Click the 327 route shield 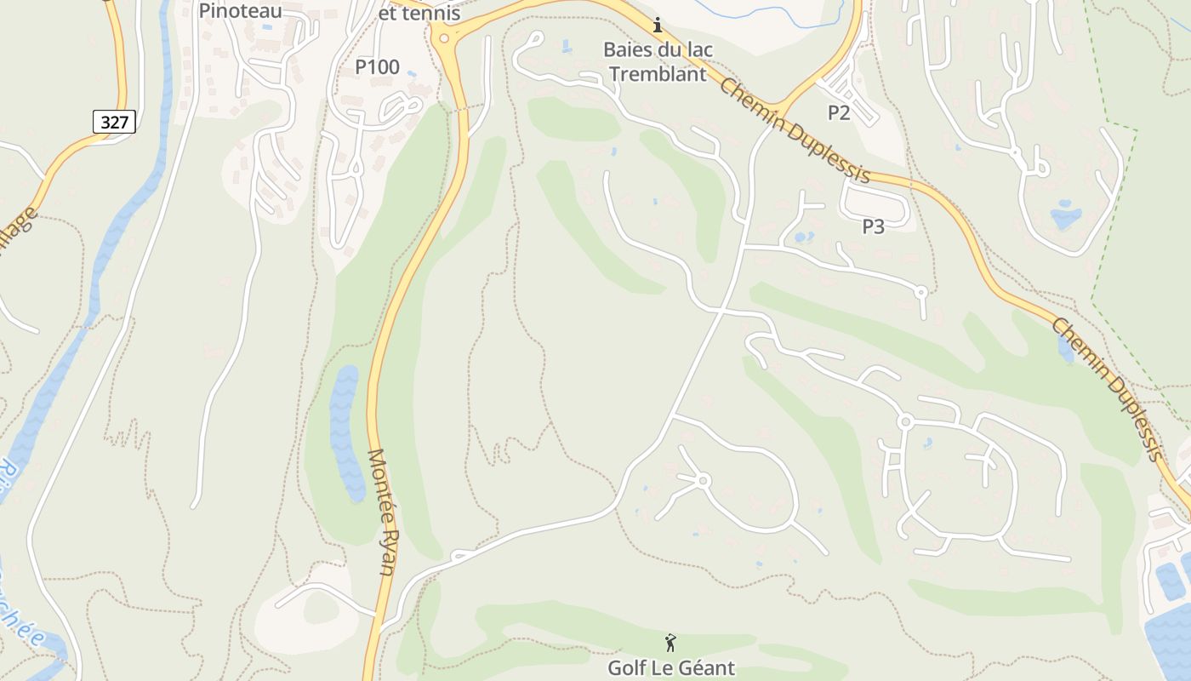[x=114, y=122]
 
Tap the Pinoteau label [x=240, y=10]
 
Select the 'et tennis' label [x=419, y=14]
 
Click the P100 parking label [x=377, y=67]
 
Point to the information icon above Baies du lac [x=657, y=26]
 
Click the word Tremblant [x=658, y=74]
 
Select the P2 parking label [x=839, y=112]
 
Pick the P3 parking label [x=874, y=226]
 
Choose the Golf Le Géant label [x=670, y=667]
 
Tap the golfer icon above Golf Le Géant [x=670, y=642]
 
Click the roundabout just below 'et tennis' [x=443, y=38]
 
